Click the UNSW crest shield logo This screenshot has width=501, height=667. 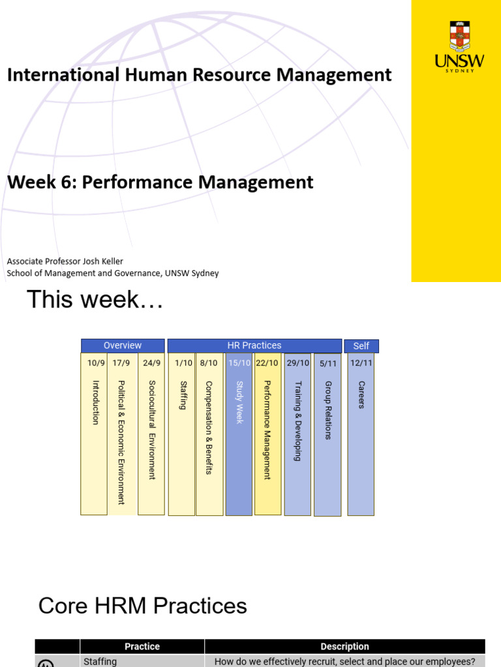click(460, 36)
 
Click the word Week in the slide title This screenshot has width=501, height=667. click(31, 182)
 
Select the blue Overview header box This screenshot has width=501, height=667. click(123, 345)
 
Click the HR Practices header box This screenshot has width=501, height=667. click(254, 345)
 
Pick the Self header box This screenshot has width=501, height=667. click(361, 346)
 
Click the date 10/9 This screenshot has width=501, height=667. click(96, 363)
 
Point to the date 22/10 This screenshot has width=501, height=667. click(267, 363)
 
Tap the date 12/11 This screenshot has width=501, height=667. click(361, 363)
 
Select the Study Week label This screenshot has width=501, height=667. click(239, 403)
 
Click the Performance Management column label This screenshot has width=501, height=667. click(267, 430)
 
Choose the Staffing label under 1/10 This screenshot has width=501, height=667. click(183, 395)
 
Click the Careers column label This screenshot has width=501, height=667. click(361, 395)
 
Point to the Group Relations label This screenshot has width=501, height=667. click(327, 410)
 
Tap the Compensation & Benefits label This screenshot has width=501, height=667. click(209, 427)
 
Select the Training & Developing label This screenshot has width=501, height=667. click(297, 421)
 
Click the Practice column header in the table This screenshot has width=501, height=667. click(142, 647)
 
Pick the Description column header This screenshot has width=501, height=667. click(344, 647)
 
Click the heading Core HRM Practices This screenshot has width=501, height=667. click(143, 605)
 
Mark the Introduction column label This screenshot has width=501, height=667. click(96, 403)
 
